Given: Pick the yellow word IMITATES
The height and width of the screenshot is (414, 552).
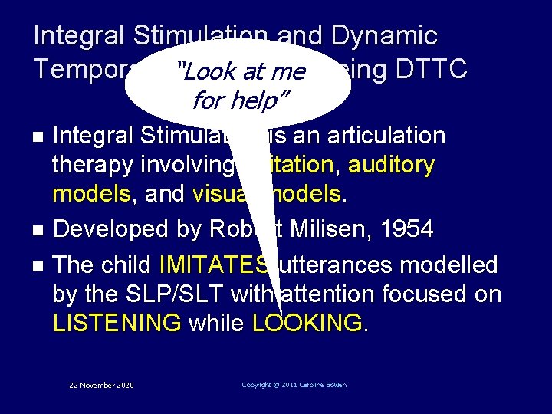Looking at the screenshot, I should tap(215, 265).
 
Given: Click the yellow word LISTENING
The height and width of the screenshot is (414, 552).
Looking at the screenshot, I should tap(117, 324).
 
